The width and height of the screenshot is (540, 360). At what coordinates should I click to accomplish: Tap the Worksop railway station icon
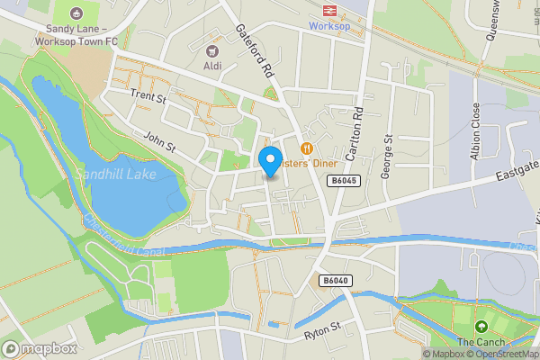[330, 10]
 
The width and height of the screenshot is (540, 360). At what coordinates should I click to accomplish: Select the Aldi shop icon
[213, 51]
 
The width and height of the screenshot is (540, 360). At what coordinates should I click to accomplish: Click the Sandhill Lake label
[116, 174]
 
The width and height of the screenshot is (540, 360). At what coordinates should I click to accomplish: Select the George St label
[388, 157]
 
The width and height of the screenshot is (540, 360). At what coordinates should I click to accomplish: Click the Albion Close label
[474, 131]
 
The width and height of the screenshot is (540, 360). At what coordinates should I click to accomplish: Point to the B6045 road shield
[338, 181]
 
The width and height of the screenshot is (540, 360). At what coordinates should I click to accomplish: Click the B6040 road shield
[335, 281]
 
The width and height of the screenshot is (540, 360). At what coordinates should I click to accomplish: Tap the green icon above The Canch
[481, 327]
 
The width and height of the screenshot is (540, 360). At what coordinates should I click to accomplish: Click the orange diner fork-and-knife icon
[307, 148]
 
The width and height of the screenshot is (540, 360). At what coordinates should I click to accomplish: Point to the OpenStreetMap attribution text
[507, 354]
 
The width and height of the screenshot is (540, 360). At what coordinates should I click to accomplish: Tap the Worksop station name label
[330, 26]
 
